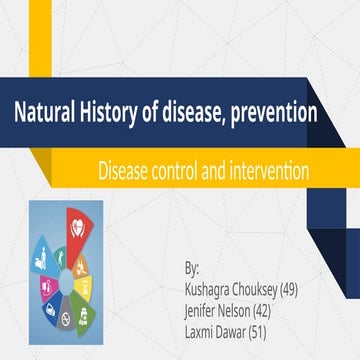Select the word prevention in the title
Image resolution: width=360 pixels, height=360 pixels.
pos(272,113)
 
